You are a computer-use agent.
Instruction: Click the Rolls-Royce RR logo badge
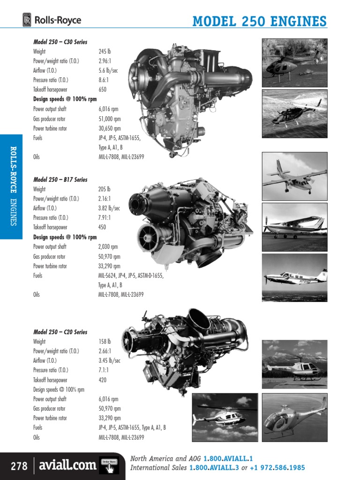coord(27,20)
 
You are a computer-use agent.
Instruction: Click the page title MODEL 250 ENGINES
coord(260,22)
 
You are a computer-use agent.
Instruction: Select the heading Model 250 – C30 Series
coord(60,42)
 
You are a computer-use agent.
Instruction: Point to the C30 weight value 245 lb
coord(105,52)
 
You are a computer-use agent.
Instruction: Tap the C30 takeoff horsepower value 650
coord(103,90)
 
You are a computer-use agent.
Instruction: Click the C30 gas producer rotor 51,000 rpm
coord(110,119)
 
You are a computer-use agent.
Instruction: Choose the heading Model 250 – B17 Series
coord(60,180)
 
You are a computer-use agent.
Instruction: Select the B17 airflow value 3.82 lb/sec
coord(109,208)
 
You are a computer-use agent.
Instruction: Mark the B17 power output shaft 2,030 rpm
coord(108,247)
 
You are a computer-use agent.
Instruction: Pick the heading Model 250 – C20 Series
coord(60,332)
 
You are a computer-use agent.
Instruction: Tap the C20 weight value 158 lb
coord(105,342)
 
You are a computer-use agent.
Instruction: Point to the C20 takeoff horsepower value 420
coord(103,380)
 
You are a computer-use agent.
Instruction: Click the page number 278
coord(19,466)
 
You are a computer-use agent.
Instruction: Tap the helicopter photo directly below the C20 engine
coord(225,417)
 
